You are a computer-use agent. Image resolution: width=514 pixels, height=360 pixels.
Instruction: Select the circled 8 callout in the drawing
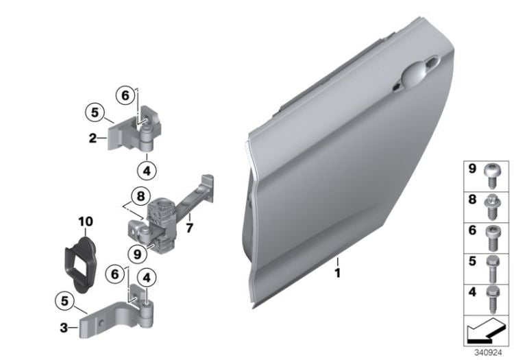141,196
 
